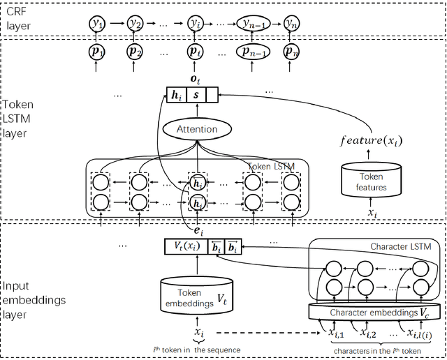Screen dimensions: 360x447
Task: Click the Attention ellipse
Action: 197,129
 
